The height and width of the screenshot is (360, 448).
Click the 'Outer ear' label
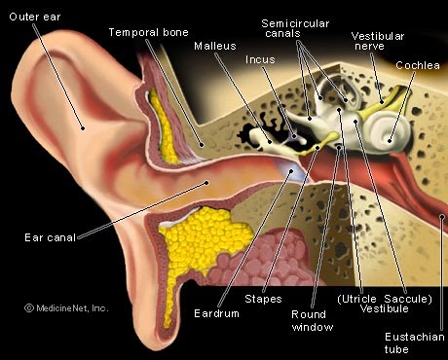click(x=35, y=17)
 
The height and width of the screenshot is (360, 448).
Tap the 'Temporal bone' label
click(x=148, y=32)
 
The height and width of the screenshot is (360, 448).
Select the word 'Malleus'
click(x=215, y=46)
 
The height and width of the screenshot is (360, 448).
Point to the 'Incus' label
click(x=260, y=59)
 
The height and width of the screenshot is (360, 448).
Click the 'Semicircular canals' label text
click(x=295, y=28)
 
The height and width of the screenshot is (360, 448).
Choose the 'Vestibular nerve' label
click(x=378, y=41)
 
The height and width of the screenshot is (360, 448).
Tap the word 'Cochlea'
click(x=418, y=65)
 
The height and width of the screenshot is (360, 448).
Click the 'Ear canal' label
click(x=50, y=237)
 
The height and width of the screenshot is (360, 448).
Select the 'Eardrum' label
click(x=216, y=313)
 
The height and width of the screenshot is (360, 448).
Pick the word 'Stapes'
click(x=263, y=299)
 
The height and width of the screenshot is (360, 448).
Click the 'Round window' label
click(x=312, y=320)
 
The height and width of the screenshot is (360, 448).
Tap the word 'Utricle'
click(x=358, y=299)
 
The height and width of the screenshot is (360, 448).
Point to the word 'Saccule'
click(x=406, y=299)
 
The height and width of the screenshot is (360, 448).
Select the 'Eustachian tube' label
click(x=414, y=342)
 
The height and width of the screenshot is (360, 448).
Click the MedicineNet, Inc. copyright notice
click(x=66, y=308)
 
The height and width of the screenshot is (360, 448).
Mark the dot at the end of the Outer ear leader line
click(x=83, y=128)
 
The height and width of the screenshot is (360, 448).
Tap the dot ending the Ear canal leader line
click(x=206, y=183)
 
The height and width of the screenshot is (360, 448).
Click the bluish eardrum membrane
click(x=290, y=170)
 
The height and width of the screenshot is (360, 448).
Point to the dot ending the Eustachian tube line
click(x=442, y=217)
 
